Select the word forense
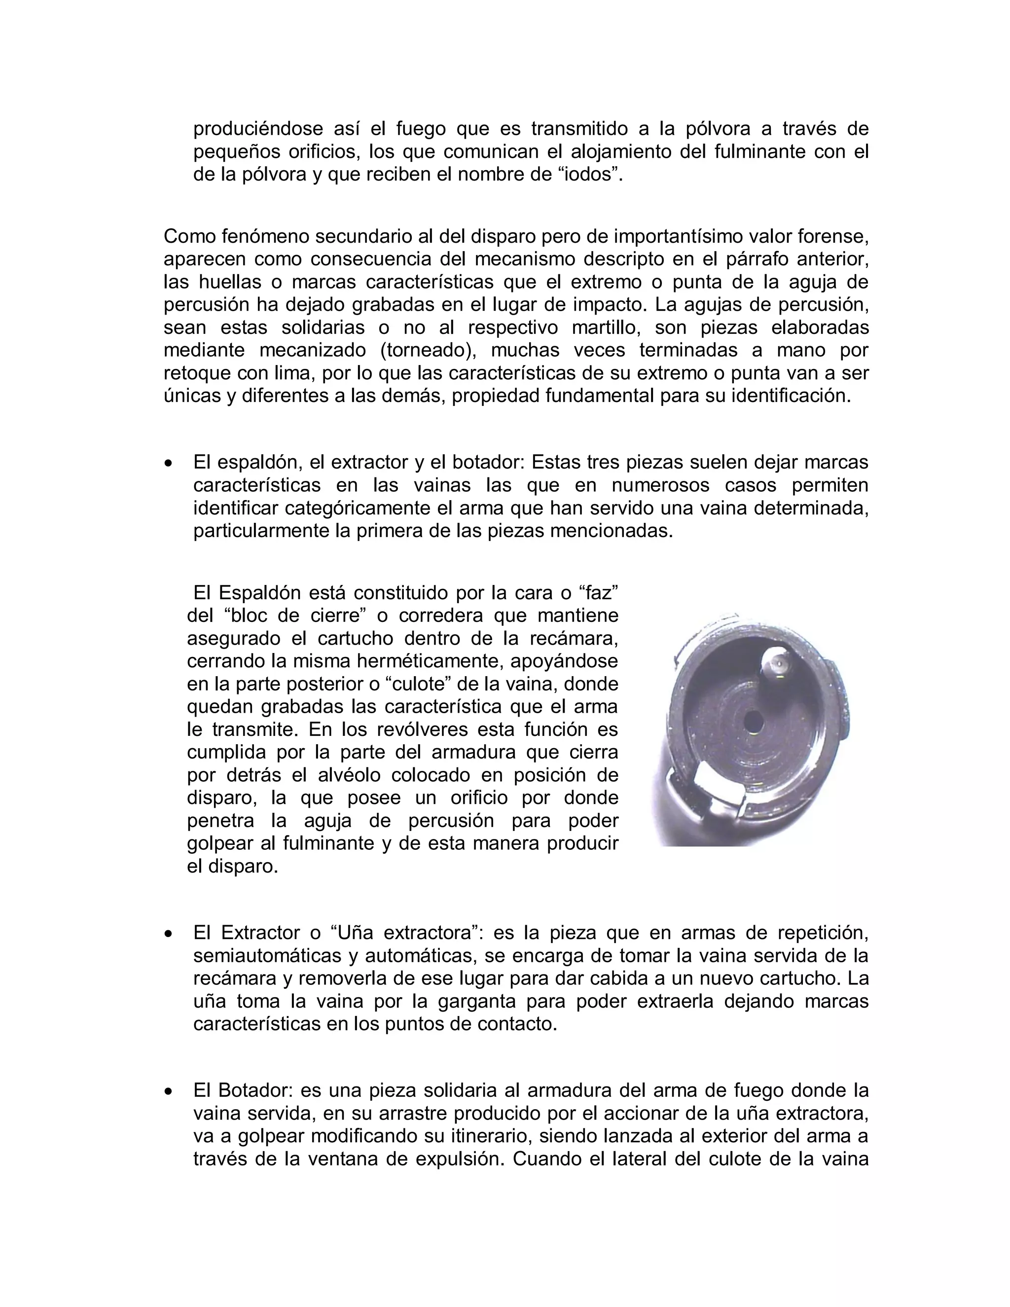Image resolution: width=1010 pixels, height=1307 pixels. point(833,236)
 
